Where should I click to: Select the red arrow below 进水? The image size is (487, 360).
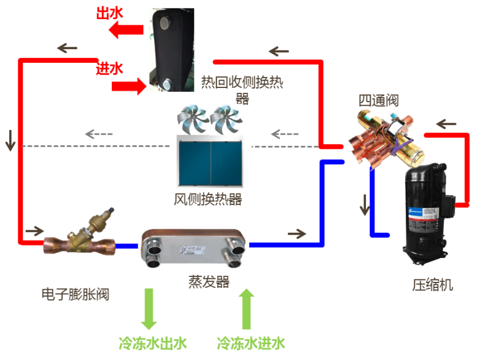pos(128,86)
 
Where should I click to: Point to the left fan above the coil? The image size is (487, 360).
pos(192,119)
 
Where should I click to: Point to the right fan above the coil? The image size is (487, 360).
pos(226,119)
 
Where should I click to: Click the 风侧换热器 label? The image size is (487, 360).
pos(208,199)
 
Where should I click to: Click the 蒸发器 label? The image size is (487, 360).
pos(208,282)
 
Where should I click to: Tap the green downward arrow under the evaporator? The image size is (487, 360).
pos(148,309)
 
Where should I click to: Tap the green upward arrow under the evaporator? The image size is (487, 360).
pos(246,309)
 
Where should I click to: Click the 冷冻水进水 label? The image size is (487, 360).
pos(251,343)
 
